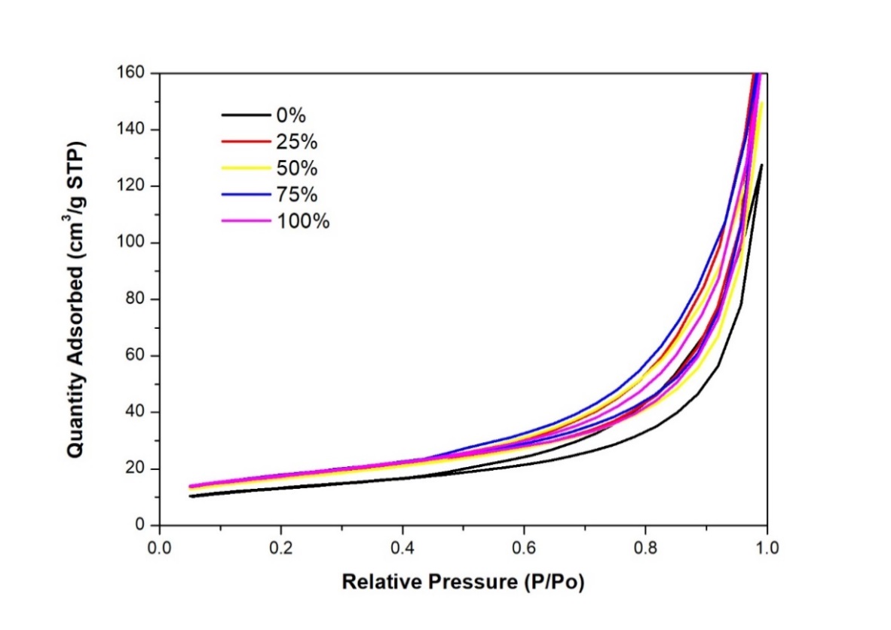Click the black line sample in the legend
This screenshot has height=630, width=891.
pyautogui.click(x=245, y=115)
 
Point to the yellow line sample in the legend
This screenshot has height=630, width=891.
pyautogui.click(x=245, y=167)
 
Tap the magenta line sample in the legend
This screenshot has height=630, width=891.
pyautogui.click(x=245, y=221)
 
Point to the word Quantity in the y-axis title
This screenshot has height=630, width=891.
pyautogui.click(x=75, y=422)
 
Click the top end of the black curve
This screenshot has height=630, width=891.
pyautogui.click(x=762, y=164)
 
